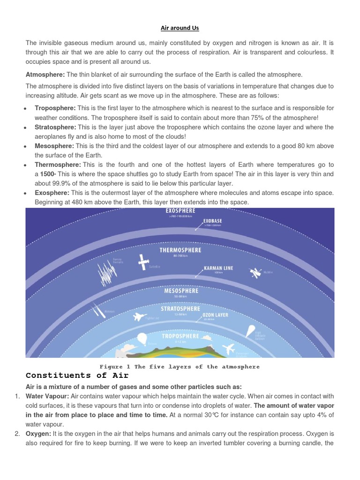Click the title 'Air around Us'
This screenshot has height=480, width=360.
tap(180, 28)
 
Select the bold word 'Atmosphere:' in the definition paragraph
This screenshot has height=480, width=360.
tap(45, 75)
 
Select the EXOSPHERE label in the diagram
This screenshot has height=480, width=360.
tap(180, 211)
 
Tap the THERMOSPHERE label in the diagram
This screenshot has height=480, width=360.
tap(180, 250)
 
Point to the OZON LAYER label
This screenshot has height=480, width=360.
tap(215, 315)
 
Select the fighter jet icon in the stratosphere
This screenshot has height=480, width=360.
tap(139, 317)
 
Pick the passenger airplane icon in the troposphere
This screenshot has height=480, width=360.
tap(229, 349)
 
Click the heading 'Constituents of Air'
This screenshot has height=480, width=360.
tap(77, 375)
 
